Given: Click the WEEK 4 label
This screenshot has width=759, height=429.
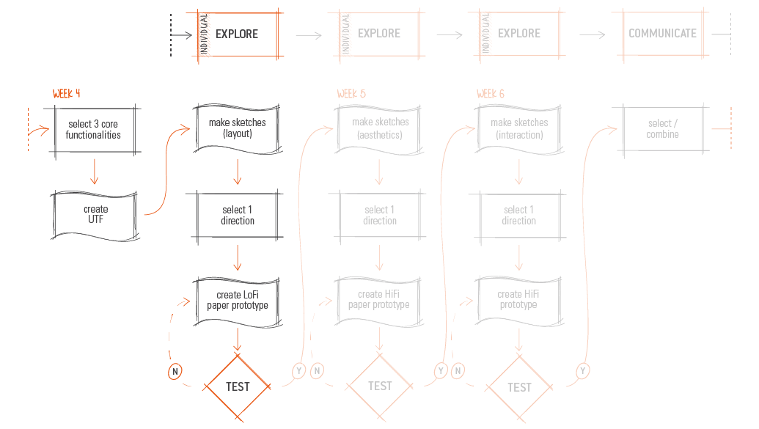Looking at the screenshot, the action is click(x=66, y=93).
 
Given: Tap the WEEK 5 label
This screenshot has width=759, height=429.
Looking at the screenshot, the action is click(x=351, y=93).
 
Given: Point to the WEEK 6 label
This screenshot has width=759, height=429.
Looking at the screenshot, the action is click(x=491, y=93).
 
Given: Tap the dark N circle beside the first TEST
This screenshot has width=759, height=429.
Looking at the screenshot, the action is click(x=175, y=371).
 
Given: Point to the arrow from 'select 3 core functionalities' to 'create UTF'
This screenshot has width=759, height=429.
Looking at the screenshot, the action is click(x=95, y=172).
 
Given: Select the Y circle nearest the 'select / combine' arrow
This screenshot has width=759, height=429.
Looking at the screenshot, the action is click(x=583, y=371).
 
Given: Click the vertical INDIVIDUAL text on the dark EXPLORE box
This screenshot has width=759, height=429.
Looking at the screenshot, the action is click(x=205, y=34).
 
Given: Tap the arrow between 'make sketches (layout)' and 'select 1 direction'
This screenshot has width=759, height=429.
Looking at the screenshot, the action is click(x=237, y=172).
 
